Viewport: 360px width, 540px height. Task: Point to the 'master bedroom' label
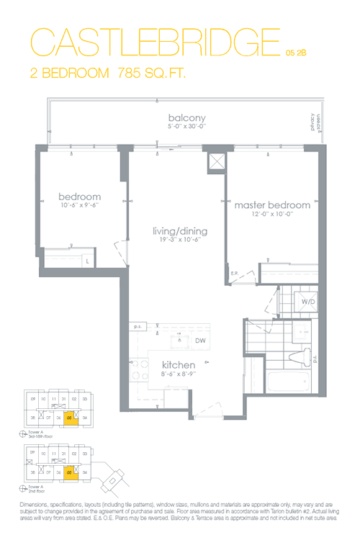[x=272, y=205]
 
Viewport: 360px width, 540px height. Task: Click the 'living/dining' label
[x=179, y=231]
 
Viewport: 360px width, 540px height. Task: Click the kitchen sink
[x=177, y=341]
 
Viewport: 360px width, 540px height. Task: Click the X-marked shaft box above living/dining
[x=214, y=162]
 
